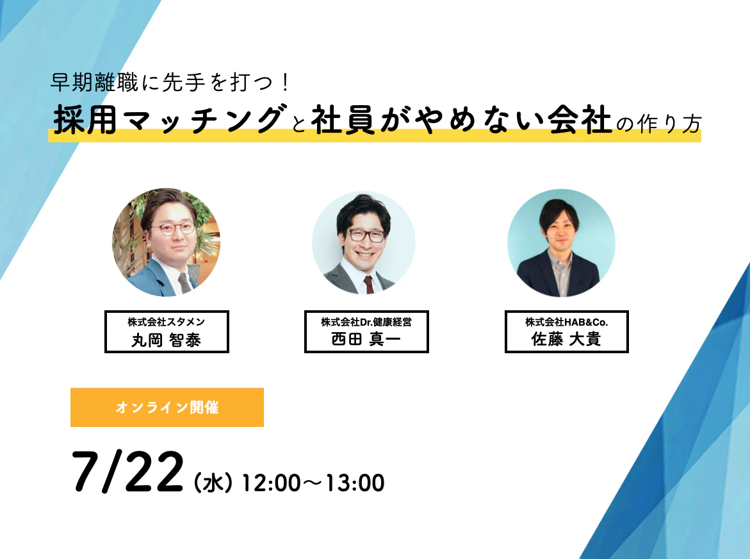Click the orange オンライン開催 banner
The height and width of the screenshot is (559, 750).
[167, 407]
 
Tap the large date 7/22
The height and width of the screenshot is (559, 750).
[127, 472]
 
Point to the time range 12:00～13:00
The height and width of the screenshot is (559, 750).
[313, 483]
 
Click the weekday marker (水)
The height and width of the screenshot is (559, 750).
[213, 483]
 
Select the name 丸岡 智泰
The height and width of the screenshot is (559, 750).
[167, 340]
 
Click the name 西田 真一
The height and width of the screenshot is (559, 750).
[366, 339]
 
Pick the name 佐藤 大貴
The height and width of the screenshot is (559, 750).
[566, 339]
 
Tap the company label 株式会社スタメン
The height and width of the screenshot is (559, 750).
[167, 322]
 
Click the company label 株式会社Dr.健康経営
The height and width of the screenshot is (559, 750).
[366, 322]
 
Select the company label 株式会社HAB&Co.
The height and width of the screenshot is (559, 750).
[567, 322]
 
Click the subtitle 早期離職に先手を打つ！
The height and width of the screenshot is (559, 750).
[170, 83]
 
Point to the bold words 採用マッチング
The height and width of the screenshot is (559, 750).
[168, 119]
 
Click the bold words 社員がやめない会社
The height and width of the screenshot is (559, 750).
[462, 119]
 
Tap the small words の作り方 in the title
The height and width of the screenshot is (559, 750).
[658, 124]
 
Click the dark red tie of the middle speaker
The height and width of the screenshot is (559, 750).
[369, 284]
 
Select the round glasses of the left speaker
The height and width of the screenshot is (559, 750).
[173, 228]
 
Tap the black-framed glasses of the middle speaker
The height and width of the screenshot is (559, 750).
[366, 235]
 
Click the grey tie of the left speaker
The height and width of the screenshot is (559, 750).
[185, 283]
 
